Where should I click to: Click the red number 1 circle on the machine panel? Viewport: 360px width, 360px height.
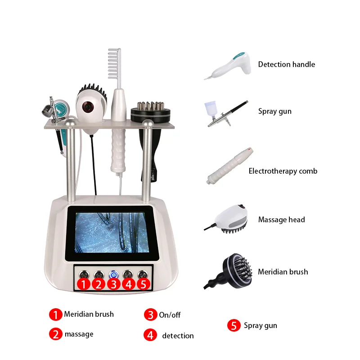(83, 284)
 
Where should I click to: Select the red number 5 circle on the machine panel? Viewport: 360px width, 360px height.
(143, 284)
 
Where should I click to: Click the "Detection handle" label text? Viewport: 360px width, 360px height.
(286, 64)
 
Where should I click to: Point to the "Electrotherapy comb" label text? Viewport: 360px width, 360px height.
(283, 171)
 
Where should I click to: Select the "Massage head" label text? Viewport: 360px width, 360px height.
(281, 220)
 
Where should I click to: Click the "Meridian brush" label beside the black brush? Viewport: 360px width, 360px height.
(283, 272)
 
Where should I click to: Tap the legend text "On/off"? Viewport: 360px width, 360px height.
(170, 315)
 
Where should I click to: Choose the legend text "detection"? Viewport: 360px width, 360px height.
(178, 336)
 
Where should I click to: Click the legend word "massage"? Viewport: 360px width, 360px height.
(79, 334)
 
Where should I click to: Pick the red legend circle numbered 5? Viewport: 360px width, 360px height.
(234, 326)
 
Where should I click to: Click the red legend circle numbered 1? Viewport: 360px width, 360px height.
(55, 315)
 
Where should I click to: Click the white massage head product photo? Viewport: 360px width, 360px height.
(232, 219)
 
